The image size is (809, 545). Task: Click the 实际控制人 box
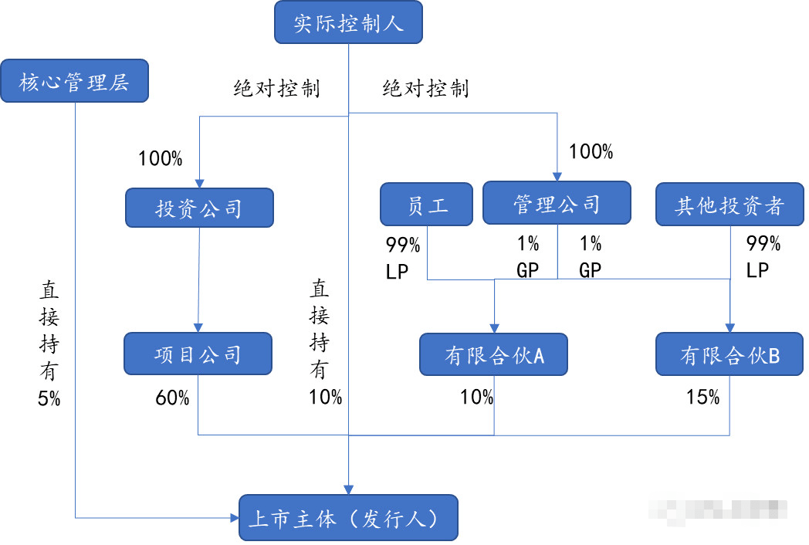(x=349, y=22)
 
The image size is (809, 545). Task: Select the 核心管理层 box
(x=74, y=81)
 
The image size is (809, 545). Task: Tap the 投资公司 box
(x=198, y=208)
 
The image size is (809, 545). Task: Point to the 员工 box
(x=427, y=205)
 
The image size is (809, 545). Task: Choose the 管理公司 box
(x=557, y=204)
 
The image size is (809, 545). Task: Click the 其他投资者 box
(x=729, y=205)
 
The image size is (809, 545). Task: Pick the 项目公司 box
(x=198, y=354)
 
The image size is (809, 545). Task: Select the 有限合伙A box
(x=494, y=354)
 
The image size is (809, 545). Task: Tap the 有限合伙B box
(x=729, y=354)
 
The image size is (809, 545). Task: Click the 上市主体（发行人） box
(x=348, y=518)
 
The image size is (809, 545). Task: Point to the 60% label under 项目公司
(x=172, y=398)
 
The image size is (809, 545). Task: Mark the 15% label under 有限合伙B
(x=702, y=398)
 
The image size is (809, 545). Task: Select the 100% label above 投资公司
(x=160, y=160)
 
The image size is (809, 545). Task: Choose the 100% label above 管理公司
(x=591, y=152)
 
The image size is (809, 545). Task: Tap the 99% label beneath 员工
(x=403, y=245)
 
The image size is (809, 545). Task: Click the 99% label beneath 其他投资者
(x=763, y=245)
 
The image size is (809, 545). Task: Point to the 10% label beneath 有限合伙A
(x=476, y=398)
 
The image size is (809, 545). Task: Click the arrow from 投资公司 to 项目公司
(x=198, y=278)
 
